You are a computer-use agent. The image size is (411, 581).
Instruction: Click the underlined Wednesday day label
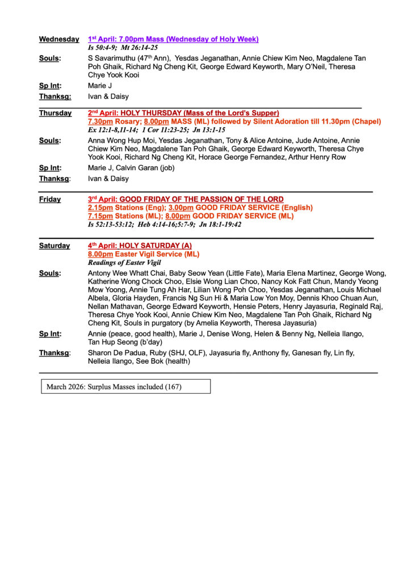pos(59,39)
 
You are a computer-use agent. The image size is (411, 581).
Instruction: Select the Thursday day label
pos(55,113)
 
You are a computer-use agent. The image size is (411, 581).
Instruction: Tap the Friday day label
pos(50,199)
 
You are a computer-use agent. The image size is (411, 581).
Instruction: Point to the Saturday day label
pos(54,246)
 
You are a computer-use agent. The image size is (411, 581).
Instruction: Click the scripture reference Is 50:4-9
pos(101,48)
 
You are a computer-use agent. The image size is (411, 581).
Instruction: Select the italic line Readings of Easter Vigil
pos(124,263)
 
